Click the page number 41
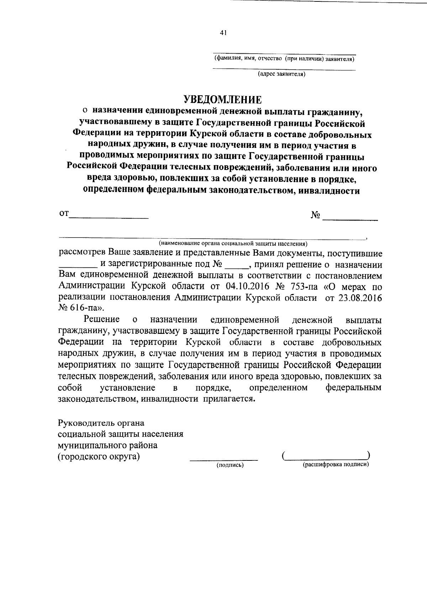pyautogui.click(x=223, y=33)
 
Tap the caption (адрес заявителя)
pyautogui.click(x=281, y=74)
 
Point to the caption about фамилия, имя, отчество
pyautogui.click(x=284, y=58)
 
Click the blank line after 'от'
pyautogui.click(x=109, y=217)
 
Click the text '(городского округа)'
pyautogui.click(x=99, y=456)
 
